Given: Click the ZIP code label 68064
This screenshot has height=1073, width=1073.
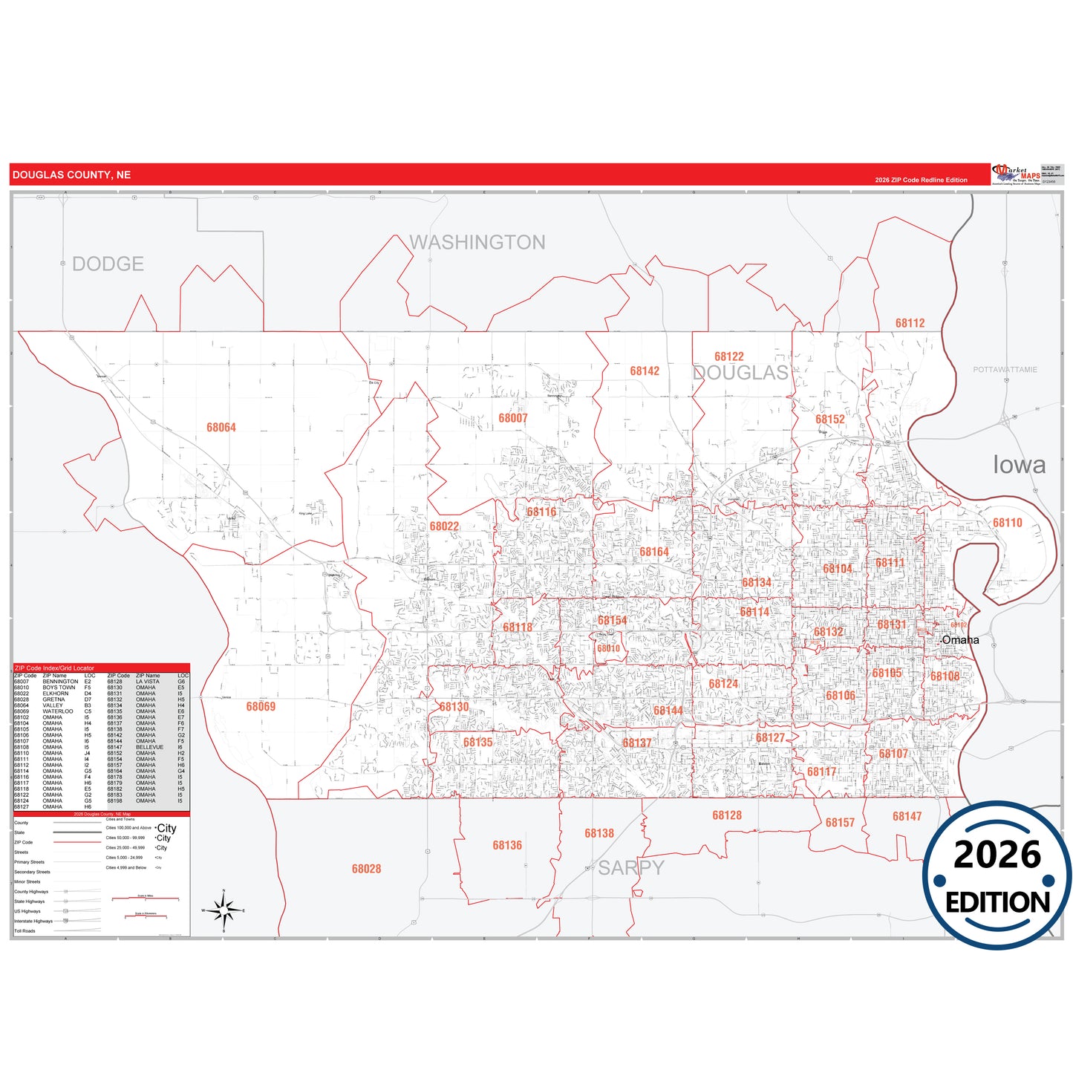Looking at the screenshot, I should pos(221,428).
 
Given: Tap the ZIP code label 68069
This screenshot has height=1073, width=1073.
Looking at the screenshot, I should pos(261,706).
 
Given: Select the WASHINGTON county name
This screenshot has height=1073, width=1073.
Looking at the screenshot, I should pos(477,243).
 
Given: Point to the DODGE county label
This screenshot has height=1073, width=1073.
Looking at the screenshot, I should pos(108,264).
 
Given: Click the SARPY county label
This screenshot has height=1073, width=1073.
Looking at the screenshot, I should pos(631,868).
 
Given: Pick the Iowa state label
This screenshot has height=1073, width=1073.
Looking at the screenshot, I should pos(1019,465).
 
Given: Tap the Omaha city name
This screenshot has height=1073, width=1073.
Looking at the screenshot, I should pos(961,640).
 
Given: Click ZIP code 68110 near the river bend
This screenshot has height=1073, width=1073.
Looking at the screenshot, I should pos(1008,523).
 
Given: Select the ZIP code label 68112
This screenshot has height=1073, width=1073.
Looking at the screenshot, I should pos(910,323).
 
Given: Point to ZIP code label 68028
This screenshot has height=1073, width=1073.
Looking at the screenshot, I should pos(366,869).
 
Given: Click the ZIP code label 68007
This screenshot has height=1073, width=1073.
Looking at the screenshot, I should pos(512,418).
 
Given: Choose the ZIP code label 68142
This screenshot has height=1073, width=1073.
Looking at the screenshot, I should pos(645,371).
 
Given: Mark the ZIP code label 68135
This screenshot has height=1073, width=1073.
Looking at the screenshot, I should pos(477,743).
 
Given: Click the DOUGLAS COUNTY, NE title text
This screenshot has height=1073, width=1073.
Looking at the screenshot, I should pos(71,175).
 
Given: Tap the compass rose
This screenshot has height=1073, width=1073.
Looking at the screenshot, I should pos(224,910).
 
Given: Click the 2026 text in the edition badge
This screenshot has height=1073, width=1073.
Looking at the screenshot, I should pos(997,855).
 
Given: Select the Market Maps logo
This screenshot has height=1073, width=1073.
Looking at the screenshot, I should pos(1017,175).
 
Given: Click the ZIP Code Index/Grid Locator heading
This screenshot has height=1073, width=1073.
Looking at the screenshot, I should pos(55,668).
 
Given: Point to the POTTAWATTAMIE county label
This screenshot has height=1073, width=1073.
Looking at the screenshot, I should pos(1005,370).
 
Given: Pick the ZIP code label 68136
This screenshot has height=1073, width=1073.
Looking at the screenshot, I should pos(507,845).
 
